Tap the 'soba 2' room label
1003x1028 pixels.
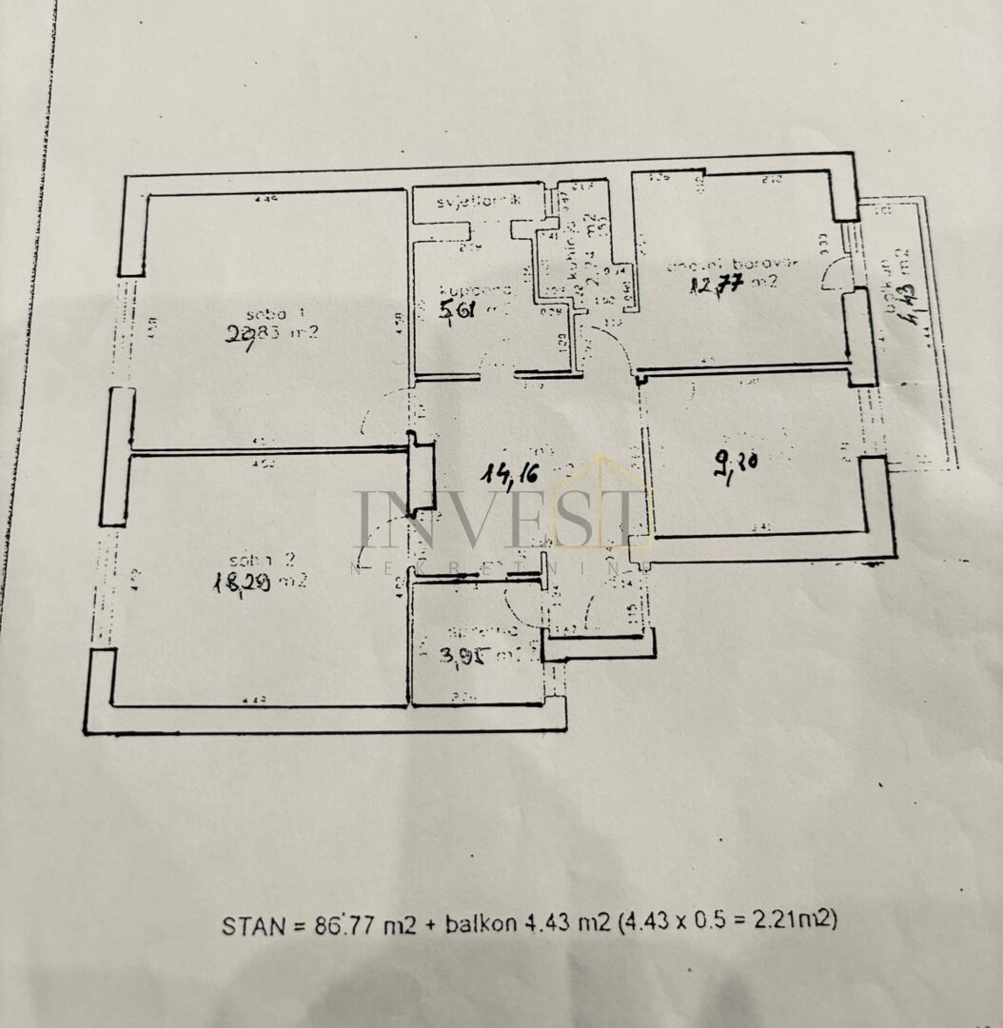[x=257, y=559]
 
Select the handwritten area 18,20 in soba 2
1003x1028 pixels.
[x=242, y=583]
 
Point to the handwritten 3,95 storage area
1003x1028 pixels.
[x=463, y=655]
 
